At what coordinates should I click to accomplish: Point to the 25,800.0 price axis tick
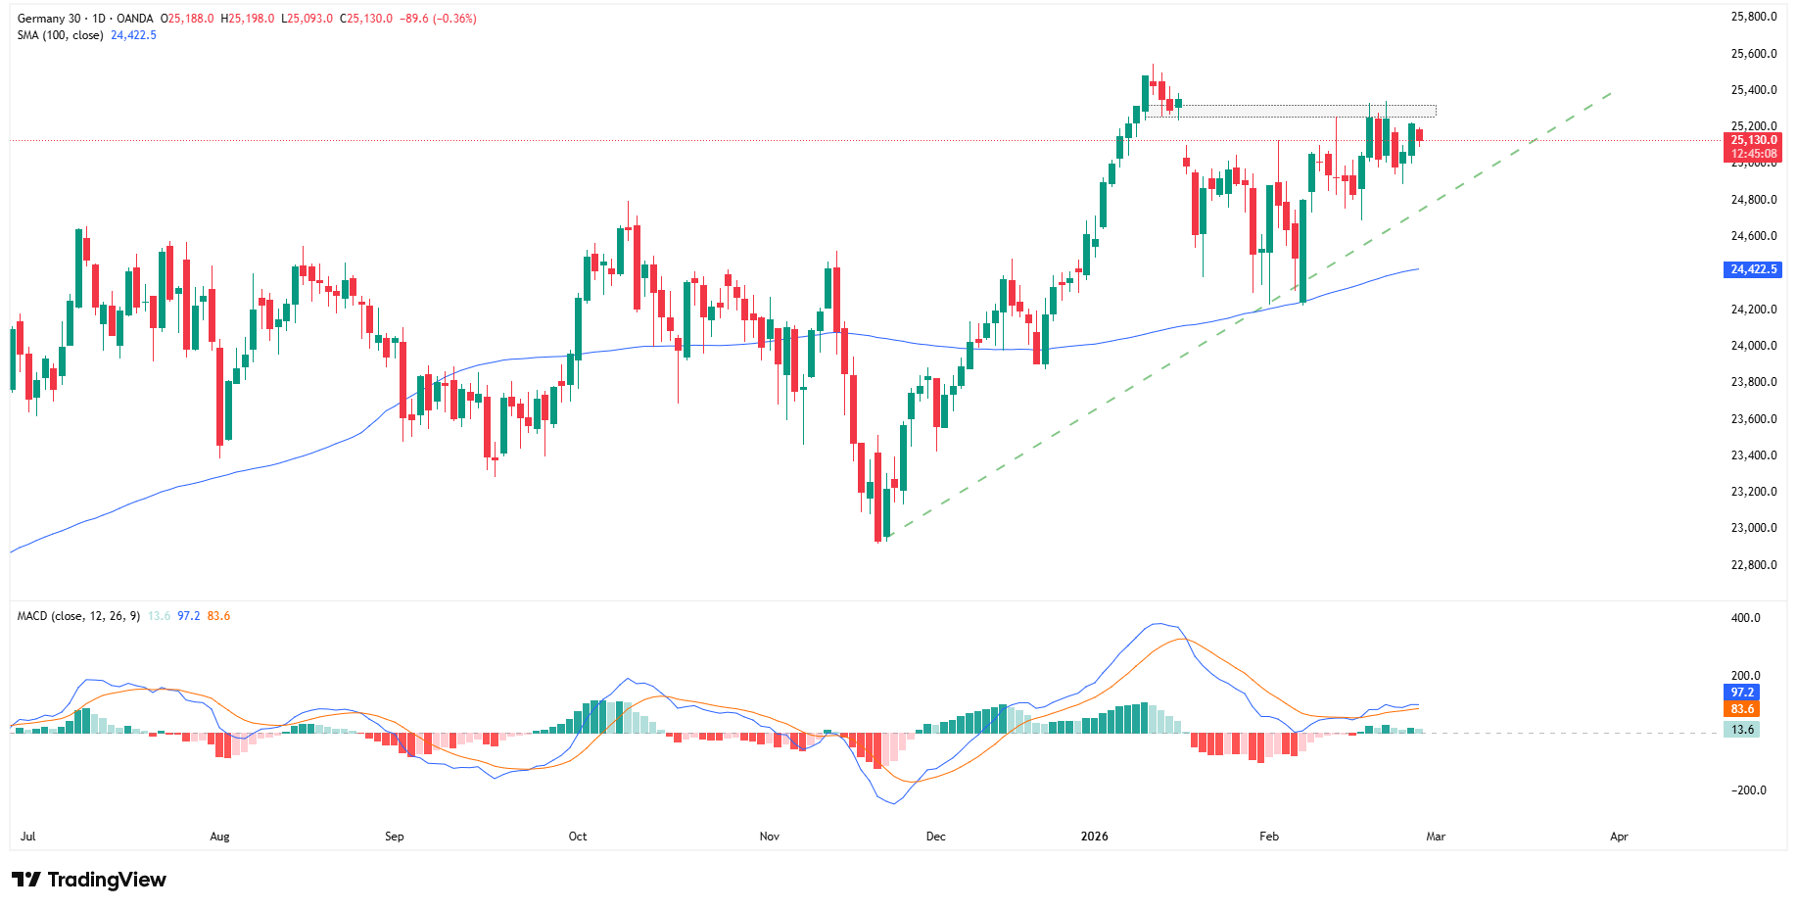coord(1753,17)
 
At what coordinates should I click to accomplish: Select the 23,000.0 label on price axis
coord(1753,528)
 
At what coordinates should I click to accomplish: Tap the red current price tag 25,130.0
coord(1753,141)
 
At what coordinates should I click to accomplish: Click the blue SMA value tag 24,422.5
coord(1753,269)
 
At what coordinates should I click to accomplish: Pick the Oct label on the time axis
coord(578,837)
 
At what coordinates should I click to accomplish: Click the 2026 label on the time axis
coord(1094,837)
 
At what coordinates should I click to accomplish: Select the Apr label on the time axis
coord(1619,837)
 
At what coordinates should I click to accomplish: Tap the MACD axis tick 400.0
coord(1745,618)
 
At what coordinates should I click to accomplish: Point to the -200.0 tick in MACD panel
coord(1748,790)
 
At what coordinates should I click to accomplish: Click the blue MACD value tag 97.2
coord(1742,693)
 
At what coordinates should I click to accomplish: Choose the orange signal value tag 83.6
coord(1742,709)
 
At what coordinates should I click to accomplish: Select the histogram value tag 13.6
coord(1742,730)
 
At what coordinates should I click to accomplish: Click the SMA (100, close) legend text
coord(60,35)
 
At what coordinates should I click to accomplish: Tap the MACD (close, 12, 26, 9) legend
coord(78,616)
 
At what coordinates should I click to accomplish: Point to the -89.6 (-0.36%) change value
coord(438,19)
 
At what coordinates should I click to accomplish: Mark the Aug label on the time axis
coord(219,837)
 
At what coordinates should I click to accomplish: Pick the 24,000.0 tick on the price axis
coord(1753,346)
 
